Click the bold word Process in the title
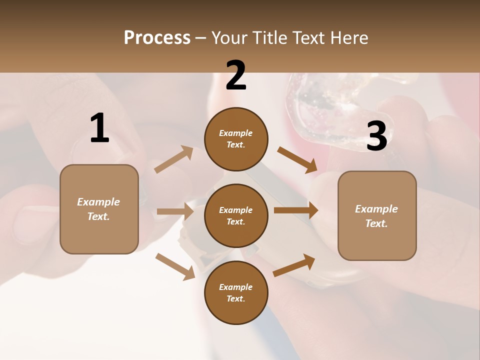pyautogui.click(x=157, y=38)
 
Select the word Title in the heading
pyautogui.click(x=270, y=38)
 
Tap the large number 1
pyautogui.click(x=99, y=128)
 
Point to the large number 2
pyautogui.click(x=236, y=75)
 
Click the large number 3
pyautogui.click(x=376, y=136)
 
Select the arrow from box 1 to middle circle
pyautogui.click(x=175, y=212)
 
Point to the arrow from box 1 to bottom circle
pyautogui.click(x=175, y=266)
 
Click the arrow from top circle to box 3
pyautogui.click(x=297, y=160)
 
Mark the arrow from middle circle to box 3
pyautogui.click(x=296, y=210)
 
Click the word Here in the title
pyautogui.click(x=349, y=38)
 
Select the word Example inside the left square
pyautogui.click(x=98, y=202)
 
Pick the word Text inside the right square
pyautogui.click(x=376, y=223)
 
